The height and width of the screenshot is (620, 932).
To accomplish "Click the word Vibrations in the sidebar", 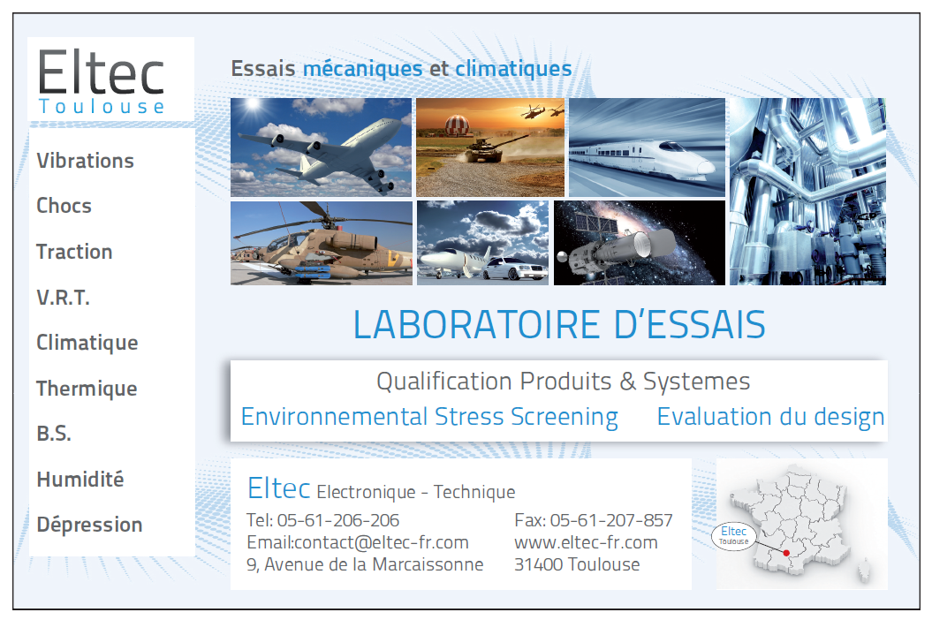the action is [85, 161].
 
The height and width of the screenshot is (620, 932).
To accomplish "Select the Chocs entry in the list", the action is [64, 206].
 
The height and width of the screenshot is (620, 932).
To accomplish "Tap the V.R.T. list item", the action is [63, 298].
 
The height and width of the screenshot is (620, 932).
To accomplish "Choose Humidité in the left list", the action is [80, 479].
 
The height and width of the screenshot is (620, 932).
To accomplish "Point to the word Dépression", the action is [89, 525].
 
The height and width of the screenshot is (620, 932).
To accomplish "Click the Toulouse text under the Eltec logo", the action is [101, 107].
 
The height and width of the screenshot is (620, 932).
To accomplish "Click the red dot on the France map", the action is [786, 553].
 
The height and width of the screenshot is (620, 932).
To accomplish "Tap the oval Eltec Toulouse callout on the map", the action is [733, 535].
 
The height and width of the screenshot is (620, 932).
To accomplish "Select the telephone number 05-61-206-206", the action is [338, 520].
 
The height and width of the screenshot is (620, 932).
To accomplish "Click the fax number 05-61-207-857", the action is [611, 520].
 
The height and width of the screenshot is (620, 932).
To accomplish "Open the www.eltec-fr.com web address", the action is [586, 542].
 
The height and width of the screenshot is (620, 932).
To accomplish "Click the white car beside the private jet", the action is [515, 268].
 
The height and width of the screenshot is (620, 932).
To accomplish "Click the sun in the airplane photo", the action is [254, 105].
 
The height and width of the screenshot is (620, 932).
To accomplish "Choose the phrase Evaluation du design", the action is [770, 417].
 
